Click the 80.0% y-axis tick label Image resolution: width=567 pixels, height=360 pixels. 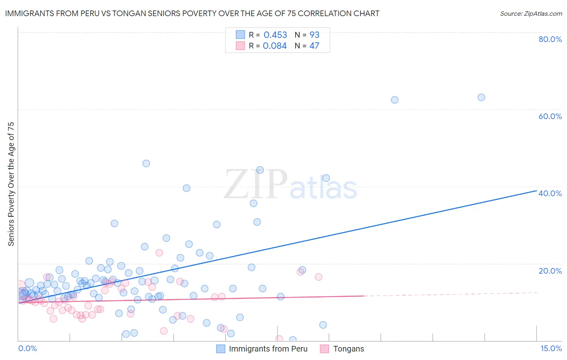[x=550, y=39]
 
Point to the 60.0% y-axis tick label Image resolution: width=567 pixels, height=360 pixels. [x=550, y=116]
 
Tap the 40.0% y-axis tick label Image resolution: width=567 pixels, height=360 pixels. [x=550, y=193]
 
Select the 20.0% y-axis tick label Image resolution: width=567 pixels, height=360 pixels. [x=550, y=271]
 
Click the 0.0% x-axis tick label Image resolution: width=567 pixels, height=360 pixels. [x=27, y=349]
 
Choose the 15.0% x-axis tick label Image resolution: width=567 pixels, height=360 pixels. [x=551, y=349]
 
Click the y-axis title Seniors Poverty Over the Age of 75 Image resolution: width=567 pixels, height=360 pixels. [x=11, y=184]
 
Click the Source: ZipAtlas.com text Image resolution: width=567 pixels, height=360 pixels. [x=531, y=14]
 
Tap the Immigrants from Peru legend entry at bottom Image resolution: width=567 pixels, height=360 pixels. [x=268, y=349]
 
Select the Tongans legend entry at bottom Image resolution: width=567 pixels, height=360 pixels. [x=348, y=349]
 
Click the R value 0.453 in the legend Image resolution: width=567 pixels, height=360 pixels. [x=275, y=35]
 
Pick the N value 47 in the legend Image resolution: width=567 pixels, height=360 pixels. [x=314, y=46]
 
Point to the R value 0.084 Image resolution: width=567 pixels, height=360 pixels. [x=275, y=46]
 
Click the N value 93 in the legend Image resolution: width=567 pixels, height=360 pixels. [x=314, y=35]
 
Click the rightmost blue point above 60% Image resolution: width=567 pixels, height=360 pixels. [x=481, y=97]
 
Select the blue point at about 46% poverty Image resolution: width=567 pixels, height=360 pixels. [x=146, y=163]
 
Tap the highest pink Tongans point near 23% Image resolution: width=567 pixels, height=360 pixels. [x=159, y=253]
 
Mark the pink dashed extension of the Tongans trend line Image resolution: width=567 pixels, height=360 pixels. [x=452, y=294]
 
